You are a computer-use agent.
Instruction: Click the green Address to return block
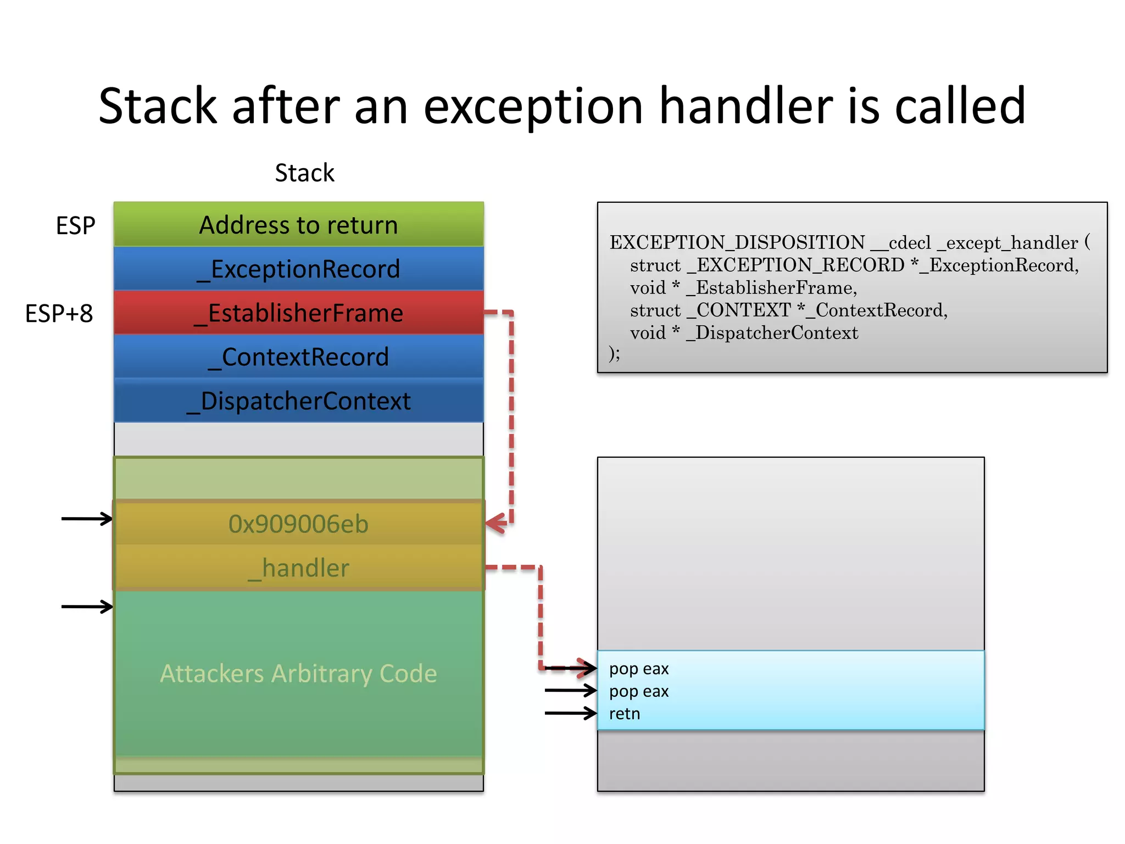(x=298, y=225)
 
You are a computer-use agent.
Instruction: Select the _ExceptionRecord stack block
(x=298, y=269)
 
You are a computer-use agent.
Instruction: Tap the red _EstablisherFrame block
(x=298, y=313)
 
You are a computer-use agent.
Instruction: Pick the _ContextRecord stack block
(x=298, y=357)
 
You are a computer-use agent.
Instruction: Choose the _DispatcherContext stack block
(x=298, y=401)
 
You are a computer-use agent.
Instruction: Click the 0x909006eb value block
(x=298, y=524)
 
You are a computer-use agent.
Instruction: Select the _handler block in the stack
(x=298, y=568)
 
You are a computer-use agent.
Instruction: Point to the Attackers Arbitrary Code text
(x=298, y=673)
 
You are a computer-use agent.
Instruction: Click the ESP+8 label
(x=59, y=313)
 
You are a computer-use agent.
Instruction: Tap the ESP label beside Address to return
(x=75, y=225)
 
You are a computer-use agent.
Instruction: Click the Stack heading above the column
(x=304, y=173)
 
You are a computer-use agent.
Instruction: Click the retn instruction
(x=625, y=714)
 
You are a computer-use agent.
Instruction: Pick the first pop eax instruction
(x=639, y=669)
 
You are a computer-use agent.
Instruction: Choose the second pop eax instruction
(x=639, y=691)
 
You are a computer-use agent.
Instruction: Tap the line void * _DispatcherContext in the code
(x=744, y=332)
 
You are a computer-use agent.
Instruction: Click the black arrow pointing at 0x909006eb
(x=87, y=518)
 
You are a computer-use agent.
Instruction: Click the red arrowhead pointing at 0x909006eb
(x=495, y=523)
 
